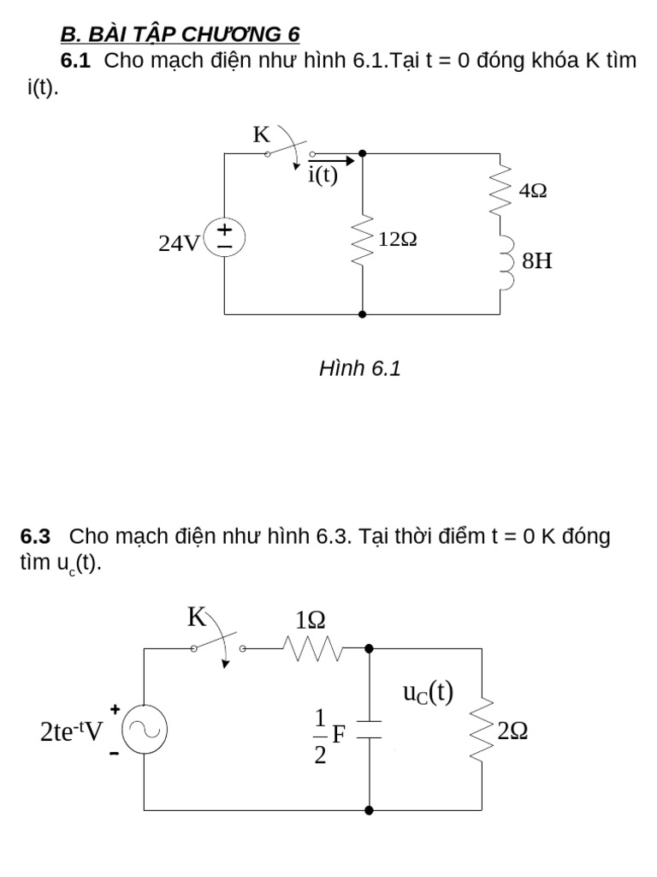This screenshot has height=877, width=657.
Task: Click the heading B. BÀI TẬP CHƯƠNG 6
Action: [x=180, y=34]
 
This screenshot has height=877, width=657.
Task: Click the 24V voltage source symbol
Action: [x=225, y=236]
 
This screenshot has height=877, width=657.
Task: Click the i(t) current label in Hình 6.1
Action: [x=323, y=176]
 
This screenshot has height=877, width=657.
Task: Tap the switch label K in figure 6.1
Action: [x=261, y=134]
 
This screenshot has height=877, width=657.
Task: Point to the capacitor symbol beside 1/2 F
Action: [x=369, y=729]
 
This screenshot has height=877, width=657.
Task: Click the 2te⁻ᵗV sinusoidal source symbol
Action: [x=145, y=731]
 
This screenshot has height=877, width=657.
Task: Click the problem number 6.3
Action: [x=36, y=537]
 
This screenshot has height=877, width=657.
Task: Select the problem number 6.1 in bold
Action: [x=76, y=62]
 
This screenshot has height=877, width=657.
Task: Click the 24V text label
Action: [x=178, y=244]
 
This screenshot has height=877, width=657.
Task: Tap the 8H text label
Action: [x=537, y=261]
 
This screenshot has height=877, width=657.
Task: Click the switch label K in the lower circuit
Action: [x=198, y=617]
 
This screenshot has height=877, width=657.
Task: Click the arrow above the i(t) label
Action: [x=330, y=159]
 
